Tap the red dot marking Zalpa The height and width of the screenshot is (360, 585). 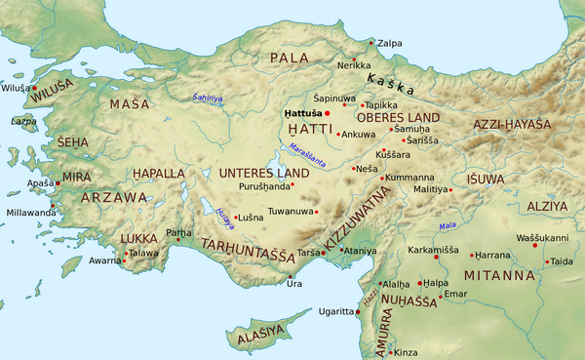tap(370, 42)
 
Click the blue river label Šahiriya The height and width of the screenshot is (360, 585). tap(207, 98)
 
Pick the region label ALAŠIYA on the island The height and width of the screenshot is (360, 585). tap(262, 334)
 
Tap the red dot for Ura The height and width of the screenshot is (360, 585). tap(291, 277)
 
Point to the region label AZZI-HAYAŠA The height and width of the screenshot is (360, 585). tap(511, 127)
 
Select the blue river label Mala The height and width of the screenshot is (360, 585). tap(448, 226)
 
